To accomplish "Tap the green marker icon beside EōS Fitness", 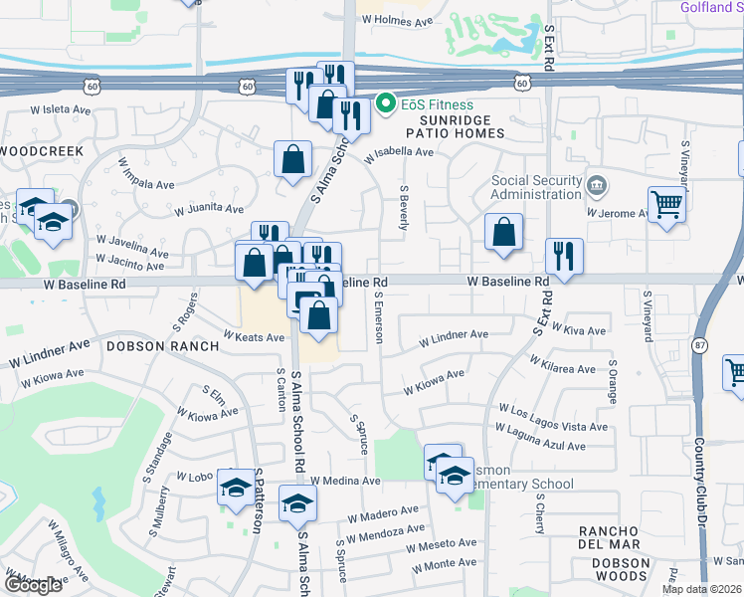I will click(x=386, y=103).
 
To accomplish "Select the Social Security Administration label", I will click(x=537, y=187).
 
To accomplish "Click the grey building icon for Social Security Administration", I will click(x=596, y=183).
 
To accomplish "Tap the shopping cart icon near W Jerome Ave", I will click(x=666, y=205).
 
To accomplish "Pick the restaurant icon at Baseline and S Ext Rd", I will click(x=564, y=255).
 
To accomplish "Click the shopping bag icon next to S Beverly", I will click(x=504, y=232).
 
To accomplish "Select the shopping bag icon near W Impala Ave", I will click(x=292, y=159).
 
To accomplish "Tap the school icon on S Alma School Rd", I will click(x=296, y=503).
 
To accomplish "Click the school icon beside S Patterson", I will click(x=236, y=487).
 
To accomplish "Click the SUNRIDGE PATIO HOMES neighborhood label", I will click(x=455, y=125).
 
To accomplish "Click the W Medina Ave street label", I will click(x=345, y=481).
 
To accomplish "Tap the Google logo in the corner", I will click(x=32, y=585).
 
